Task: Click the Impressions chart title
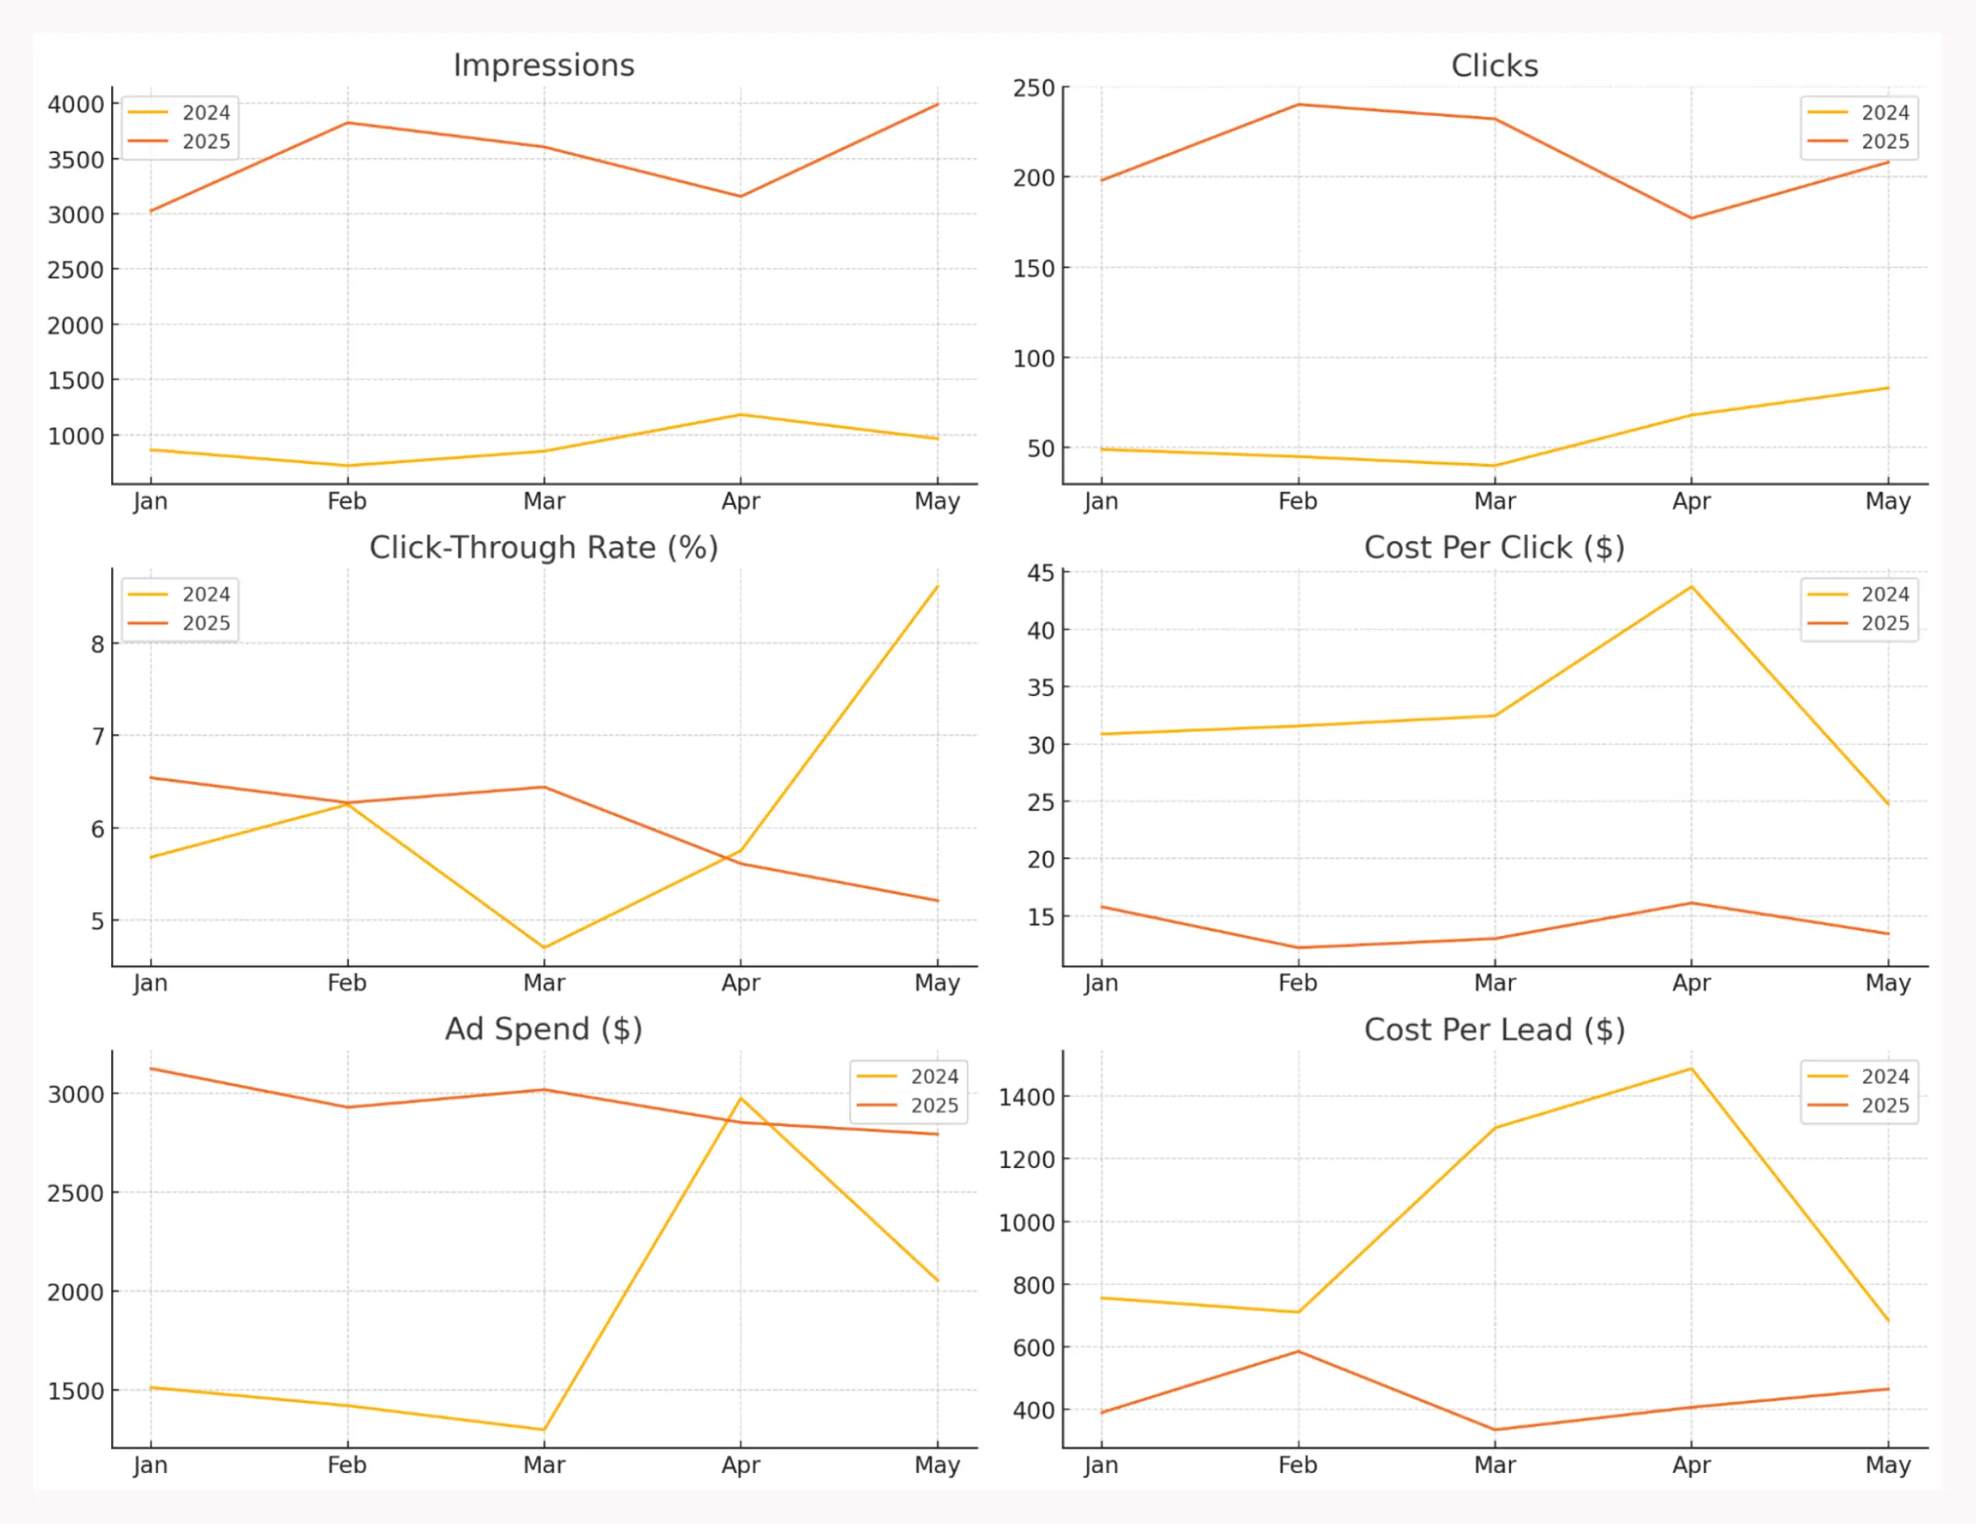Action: (543, 65)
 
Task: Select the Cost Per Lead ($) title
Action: (1494, 1029)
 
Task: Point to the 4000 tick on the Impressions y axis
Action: (76, 105)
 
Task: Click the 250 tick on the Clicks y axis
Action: (1033, 89)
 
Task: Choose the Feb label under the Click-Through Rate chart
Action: (347, 983)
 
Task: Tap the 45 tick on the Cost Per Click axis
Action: (1041, 573)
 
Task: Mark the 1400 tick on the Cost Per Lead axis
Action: (1026, 1096)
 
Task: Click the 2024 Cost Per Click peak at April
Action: (1691, 587)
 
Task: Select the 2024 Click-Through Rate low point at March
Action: (543, 947)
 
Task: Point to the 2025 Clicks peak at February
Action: (1298, 105)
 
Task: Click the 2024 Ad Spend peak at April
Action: (741, 1099)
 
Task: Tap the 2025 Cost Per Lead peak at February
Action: (1298, 1351)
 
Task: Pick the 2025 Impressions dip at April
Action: (741, 196)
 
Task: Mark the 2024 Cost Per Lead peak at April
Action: (1691, 1068)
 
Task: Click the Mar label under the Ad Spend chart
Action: (543, 1466)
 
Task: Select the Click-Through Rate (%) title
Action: (543, 548)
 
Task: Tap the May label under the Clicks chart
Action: (1887, 502)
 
